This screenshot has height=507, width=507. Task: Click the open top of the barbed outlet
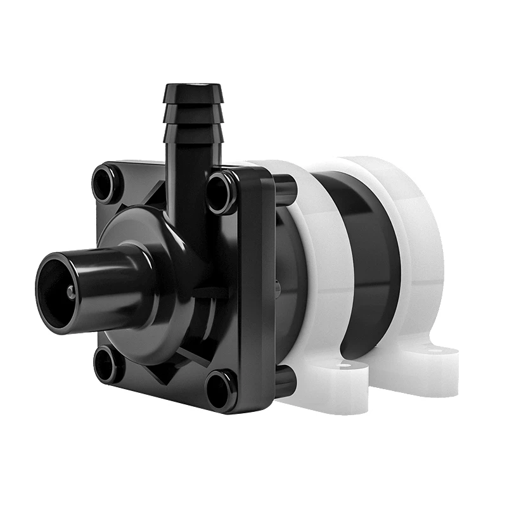193,86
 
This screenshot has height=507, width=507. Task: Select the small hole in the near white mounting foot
343,366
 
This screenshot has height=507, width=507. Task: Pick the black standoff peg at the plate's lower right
285,381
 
